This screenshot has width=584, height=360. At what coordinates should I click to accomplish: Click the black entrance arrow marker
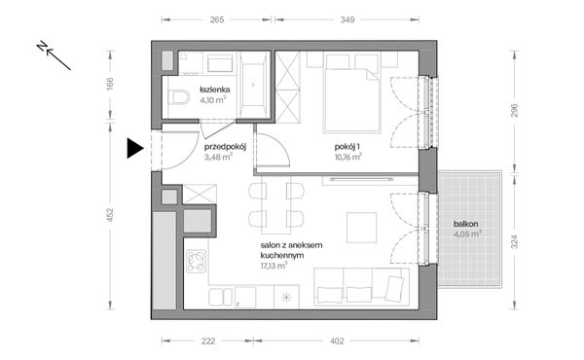coord(134,148)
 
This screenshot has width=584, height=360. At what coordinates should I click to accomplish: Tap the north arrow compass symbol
coord(54,55)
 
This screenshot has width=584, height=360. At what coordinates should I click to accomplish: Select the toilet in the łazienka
coord(178,96)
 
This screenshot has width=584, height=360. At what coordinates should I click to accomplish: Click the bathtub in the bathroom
coord(253,85)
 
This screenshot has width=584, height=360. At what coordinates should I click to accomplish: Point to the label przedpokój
coord(225,147)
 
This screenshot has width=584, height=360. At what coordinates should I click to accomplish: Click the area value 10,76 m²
coord(348,157)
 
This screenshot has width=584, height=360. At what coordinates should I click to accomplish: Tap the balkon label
coord(465,224)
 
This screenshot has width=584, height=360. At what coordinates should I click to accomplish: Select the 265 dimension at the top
coord(217,19)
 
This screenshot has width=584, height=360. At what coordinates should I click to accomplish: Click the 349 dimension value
coord(347,19)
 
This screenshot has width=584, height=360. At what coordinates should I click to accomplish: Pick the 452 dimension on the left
coord(110,215)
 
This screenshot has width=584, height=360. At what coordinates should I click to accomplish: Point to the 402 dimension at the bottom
coord(337,341)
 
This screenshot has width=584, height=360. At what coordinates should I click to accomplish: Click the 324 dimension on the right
coord(514,241)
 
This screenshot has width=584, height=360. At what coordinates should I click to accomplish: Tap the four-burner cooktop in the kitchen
coord(196,262)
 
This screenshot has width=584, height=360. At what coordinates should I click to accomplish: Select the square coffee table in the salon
coord(362,228)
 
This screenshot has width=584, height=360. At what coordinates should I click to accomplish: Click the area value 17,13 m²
coord(274,266)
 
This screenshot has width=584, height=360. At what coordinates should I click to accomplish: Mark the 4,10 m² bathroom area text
coord(212,100)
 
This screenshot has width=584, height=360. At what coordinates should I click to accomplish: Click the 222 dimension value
coord(208,341)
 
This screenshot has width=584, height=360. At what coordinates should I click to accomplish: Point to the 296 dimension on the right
coord(514,111)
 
